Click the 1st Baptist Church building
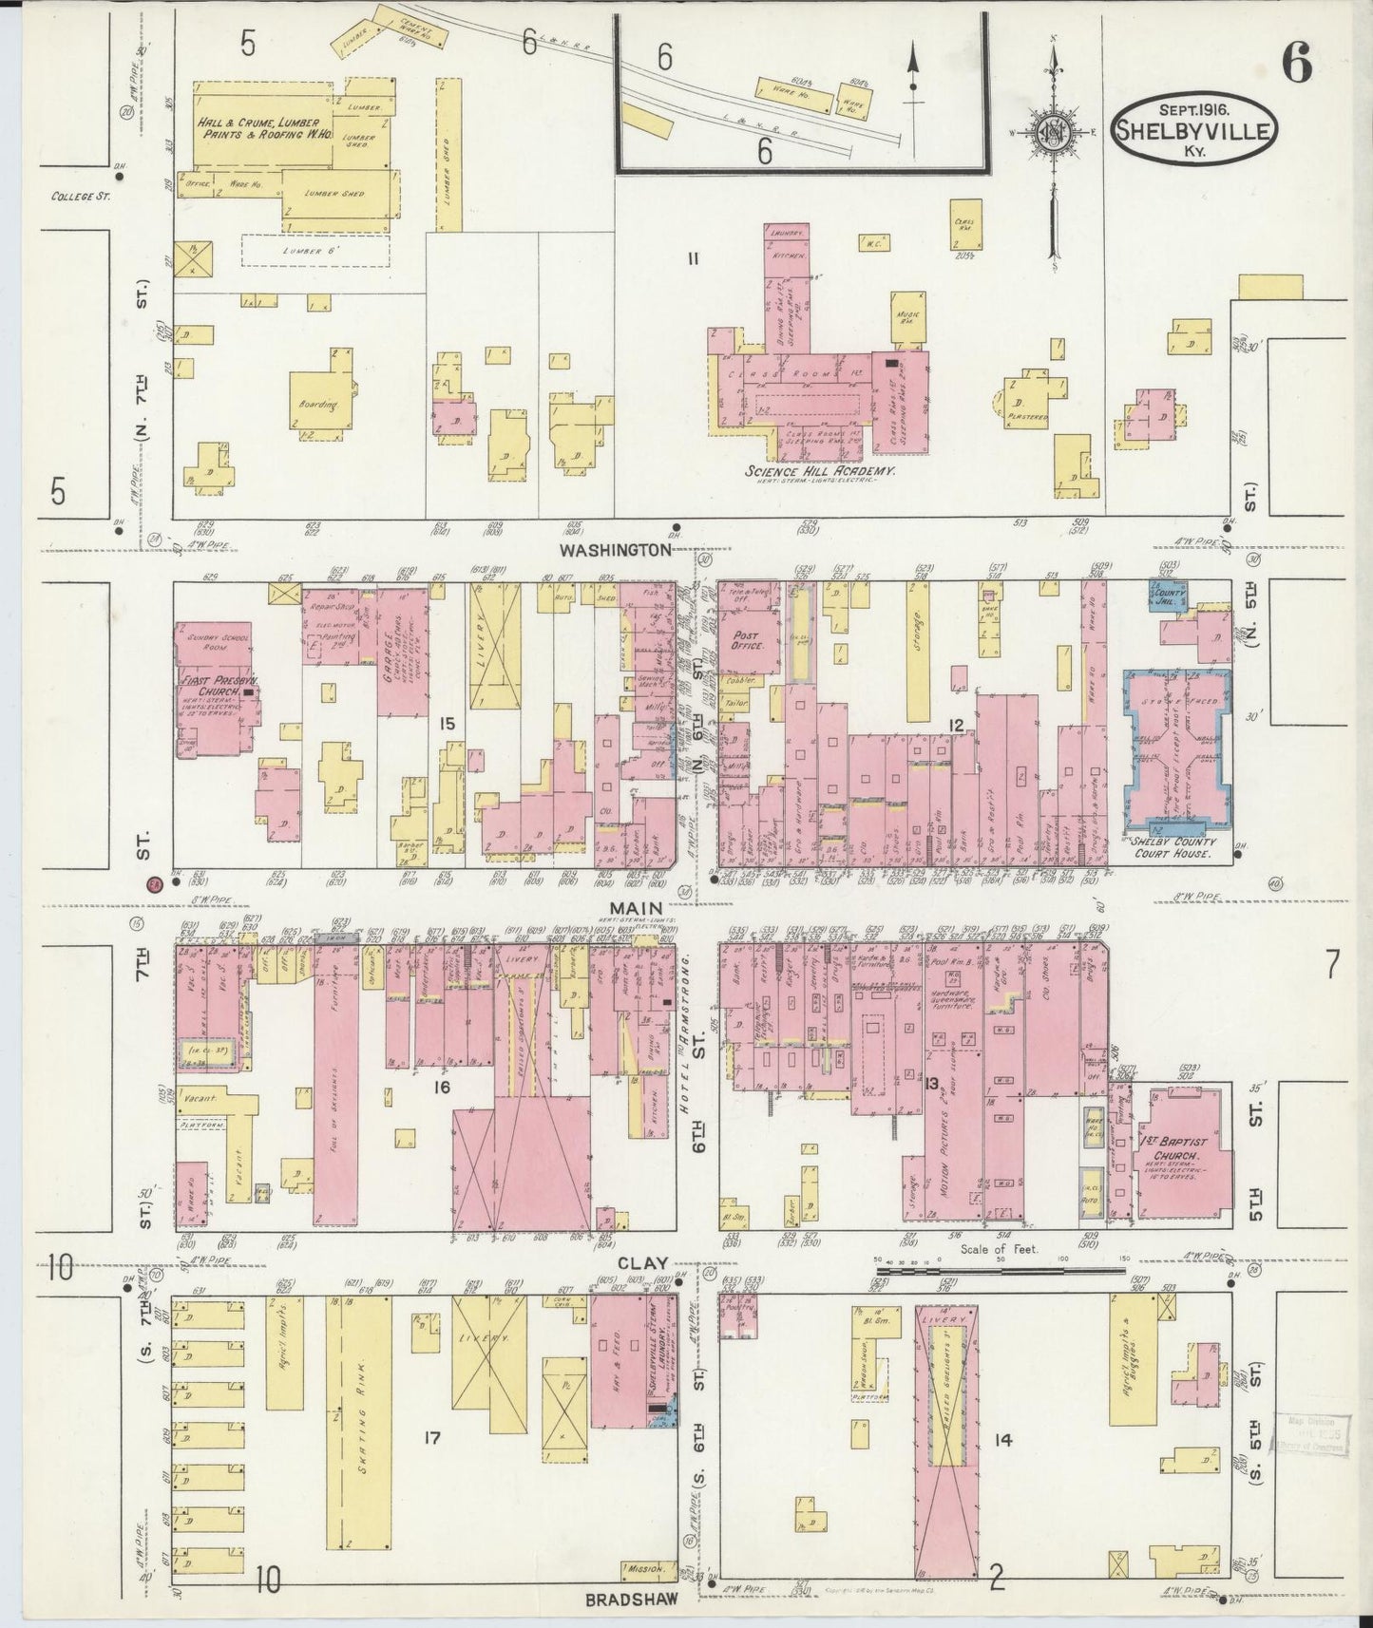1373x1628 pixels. [x=1183, y=1159]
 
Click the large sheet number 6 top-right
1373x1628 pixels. [x=1297, y=65]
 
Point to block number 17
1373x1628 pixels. [x=431, y=1439]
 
